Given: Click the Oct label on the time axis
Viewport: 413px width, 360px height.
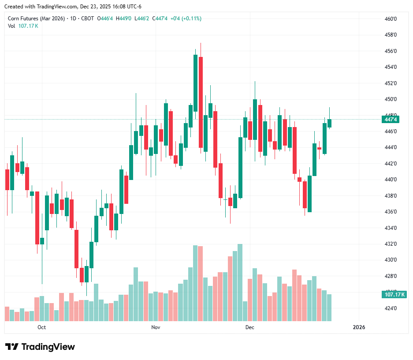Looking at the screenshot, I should coord(42,327).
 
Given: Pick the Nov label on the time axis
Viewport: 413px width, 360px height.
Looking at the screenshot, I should coord(155,327).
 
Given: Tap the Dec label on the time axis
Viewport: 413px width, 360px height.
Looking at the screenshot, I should coord(250,327).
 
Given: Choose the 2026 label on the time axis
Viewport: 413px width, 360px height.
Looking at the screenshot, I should coord(359,327).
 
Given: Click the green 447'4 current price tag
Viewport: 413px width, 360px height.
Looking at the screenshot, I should coord(391,120).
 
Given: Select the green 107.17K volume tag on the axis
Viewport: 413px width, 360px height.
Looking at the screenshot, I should coord(394,295).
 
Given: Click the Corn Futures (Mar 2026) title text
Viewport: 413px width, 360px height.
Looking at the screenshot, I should coord(36,19).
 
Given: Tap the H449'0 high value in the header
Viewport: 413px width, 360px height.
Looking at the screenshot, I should coord(124,19).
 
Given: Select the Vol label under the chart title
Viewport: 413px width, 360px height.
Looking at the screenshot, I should coord(11,26).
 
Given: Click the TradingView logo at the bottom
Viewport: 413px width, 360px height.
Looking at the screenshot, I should coord(40,347).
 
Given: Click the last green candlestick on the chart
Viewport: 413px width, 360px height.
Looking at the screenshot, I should coord(329,123).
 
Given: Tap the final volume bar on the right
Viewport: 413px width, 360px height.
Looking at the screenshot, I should coord(329,307).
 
